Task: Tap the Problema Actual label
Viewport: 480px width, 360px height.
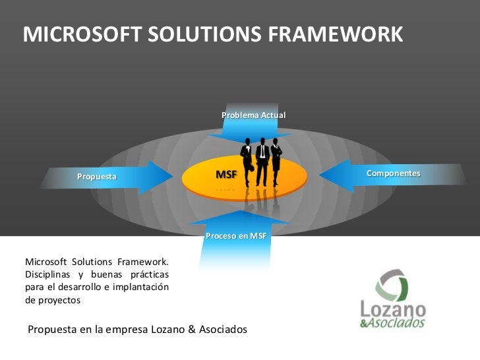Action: (x=253, y=115)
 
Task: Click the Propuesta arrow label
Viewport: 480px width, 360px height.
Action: (x=97, y=177)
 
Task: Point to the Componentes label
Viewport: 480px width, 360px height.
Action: (x=393, y=173)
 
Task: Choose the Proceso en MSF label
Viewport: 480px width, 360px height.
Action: (x=235, y=236)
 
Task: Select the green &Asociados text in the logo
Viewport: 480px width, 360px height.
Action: (x=393, y=324)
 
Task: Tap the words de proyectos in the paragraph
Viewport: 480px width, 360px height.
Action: (x=52, y=299)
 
